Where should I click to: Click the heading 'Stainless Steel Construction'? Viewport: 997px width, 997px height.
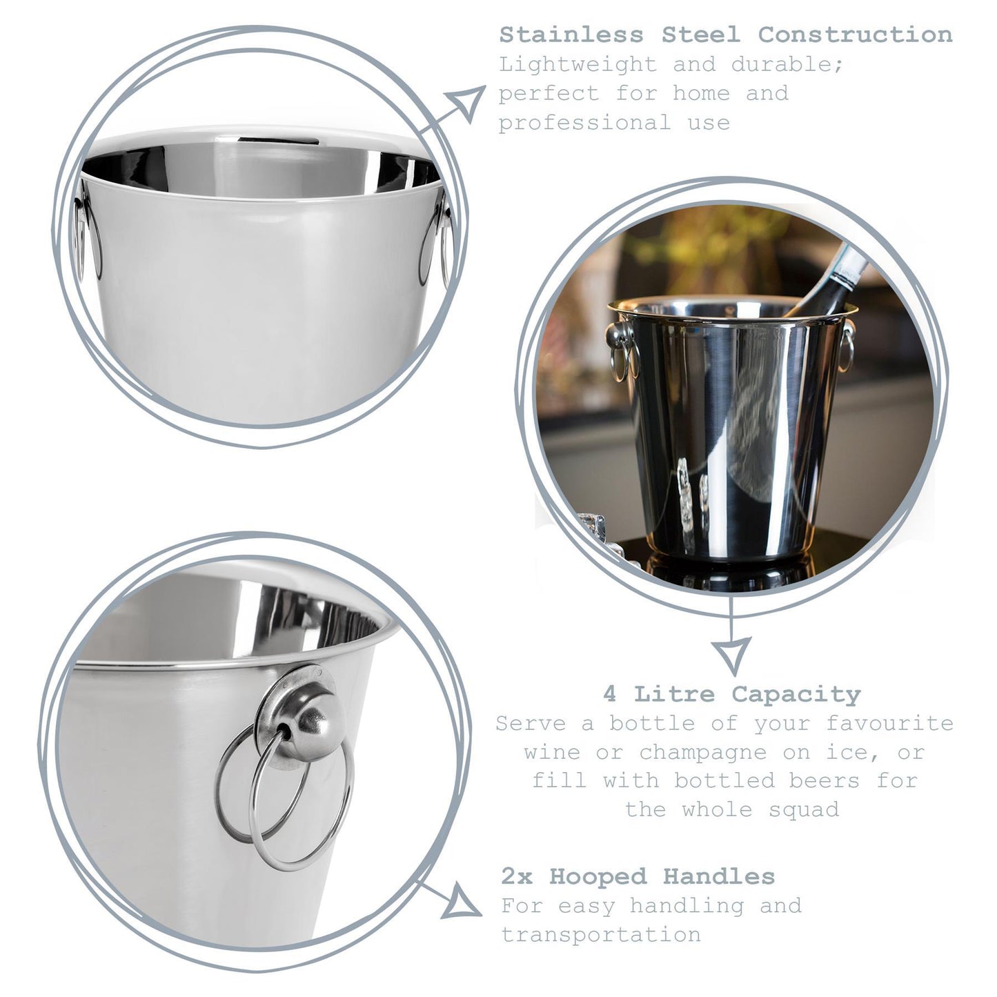(x=725, y=34)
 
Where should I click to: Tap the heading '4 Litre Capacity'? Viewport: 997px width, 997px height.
(x=731, y=693)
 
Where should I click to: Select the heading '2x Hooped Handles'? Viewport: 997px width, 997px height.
(x=638, y=876)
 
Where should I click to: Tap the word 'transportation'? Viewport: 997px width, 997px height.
(x=600, y=935)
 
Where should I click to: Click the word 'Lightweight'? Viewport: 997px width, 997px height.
(x=578, y=65)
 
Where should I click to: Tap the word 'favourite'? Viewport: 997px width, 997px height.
(x=889, y=723)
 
